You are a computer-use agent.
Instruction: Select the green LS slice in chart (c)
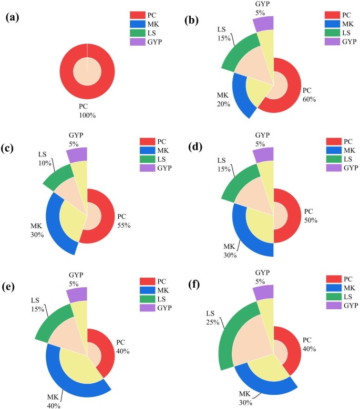tap(58, 177)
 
